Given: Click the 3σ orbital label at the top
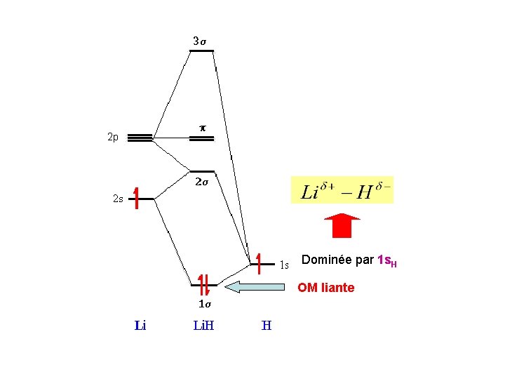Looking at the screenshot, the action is pos(200,41).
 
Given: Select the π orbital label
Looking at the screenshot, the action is pos(202,128).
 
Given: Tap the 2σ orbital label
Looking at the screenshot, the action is pos(201,182).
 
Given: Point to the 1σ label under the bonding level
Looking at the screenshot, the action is pos(204,304).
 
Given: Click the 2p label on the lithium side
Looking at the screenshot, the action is pos(113,137).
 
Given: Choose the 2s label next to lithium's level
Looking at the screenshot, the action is pos(118,199).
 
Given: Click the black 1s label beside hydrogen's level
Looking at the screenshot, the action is pos(284,265).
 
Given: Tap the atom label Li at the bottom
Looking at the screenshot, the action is pos(140,326).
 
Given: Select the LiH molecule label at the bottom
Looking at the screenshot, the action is pos(203,326).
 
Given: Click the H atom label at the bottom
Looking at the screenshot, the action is pos(266,326).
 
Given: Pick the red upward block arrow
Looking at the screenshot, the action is pos(342,225).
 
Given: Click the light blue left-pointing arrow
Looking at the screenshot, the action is pos(255,286).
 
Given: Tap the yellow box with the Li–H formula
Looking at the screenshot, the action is pos(342,190).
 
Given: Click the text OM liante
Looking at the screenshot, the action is pos(325,288).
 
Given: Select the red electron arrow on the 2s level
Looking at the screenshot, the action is pos(137,198).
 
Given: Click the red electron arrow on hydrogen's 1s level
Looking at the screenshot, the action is pos(260,262).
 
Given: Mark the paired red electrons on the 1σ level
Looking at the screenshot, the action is pos(203,284).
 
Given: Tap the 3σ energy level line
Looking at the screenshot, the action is pos(202,51).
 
